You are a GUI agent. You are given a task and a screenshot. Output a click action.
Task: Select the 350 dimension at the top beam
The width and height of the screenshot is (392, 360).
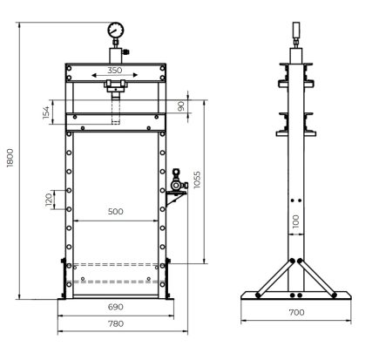pos(115,70)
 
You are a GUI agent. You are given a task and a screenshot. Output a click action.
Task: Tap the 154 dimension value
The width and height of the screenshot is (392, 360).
pos(46,113)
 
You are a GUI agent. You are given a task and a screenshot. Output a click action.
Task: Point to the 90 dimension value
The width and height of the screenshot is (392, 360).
pos(181,106)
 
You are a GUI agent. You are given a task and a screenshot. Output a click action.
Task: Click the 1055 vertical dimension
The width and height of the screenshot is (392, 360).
pos(198,180)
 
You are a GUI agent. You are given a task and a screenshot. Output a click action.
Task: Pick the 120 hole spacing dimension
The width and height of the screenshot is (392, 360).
pos(48,200)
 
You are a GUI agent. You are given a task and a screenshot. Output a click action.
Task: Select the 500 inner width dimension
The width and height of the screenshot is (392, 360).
pos(115,212)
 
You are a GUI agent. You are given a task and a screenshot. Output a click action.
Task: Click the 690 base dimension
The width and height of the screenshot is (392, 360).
pos(115,307)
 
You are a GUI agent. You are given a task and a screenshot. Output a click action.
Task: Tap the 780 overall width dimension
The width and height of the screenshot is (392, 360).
pos(115,323)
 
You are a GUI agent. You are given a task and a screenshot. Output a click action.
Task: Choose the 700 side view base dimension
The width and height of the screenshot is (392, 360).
pos(295,311)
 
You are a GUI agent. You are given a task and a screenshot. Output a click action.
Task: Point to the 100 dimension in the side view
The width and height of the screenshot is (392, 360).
pos(296,221)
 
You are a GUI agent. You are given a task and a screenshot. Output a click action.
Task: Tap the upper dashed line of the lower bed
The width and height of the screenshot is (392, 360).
pos(115,264)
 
